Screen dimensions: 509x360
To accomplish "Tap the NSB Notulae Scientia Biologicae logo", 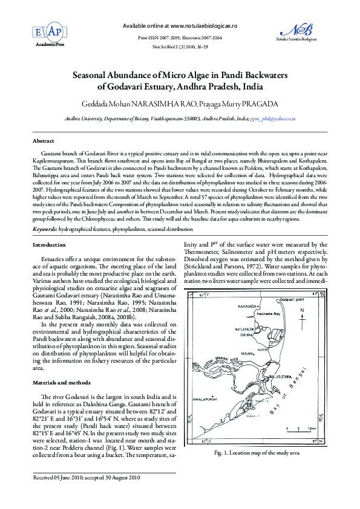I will coord(305,31).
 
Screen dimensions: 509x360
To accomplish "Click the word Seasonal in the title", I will coord(94,76).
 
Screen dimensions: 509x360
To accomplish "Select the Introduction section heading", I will coord(49,245).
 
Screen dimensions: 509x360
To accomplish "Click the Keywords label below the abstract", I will coord(45,230).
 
